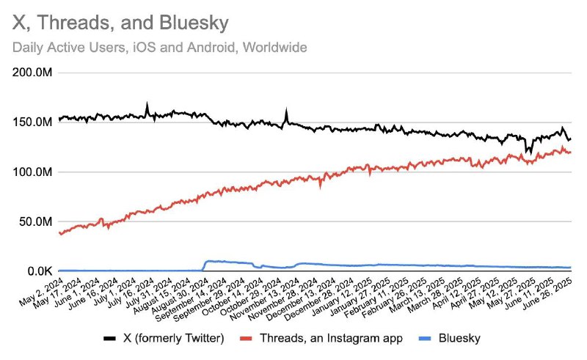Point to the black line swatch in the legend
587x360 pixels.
pyautogui.click(x=110, y=338)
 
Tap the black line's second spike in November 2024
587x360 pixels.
pyautogui.click(x=286, y=111)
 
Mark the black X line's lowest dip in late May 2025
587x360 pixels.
pyautogui.click(x=526, y=152)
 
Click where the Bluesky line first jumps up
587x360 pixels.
pyautogui.click(x=205, y=262)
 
